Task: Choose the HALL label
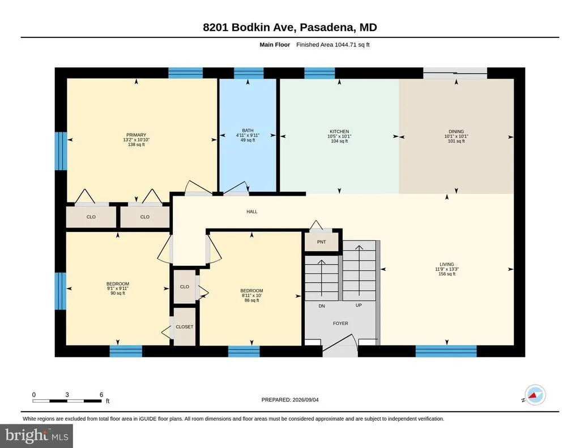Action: point(252,212)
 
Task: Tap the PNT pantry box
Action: point(322,242)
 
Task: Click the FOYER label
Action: point(340,323)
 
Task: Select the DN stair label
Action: point(322,306)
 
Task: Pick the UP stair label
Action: point(359,305)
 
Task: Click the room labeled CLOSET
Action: point(184,327)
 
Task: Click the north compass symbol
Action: point(535,395)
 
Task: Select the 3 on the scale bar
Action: point(67,394)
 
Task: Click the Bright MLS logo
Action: point(37,436)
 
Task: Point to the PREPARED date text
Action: point(290,399)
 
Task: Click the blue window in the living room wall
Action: point(446,351)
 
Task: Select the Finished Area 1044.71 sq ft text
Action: point(333,45)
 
